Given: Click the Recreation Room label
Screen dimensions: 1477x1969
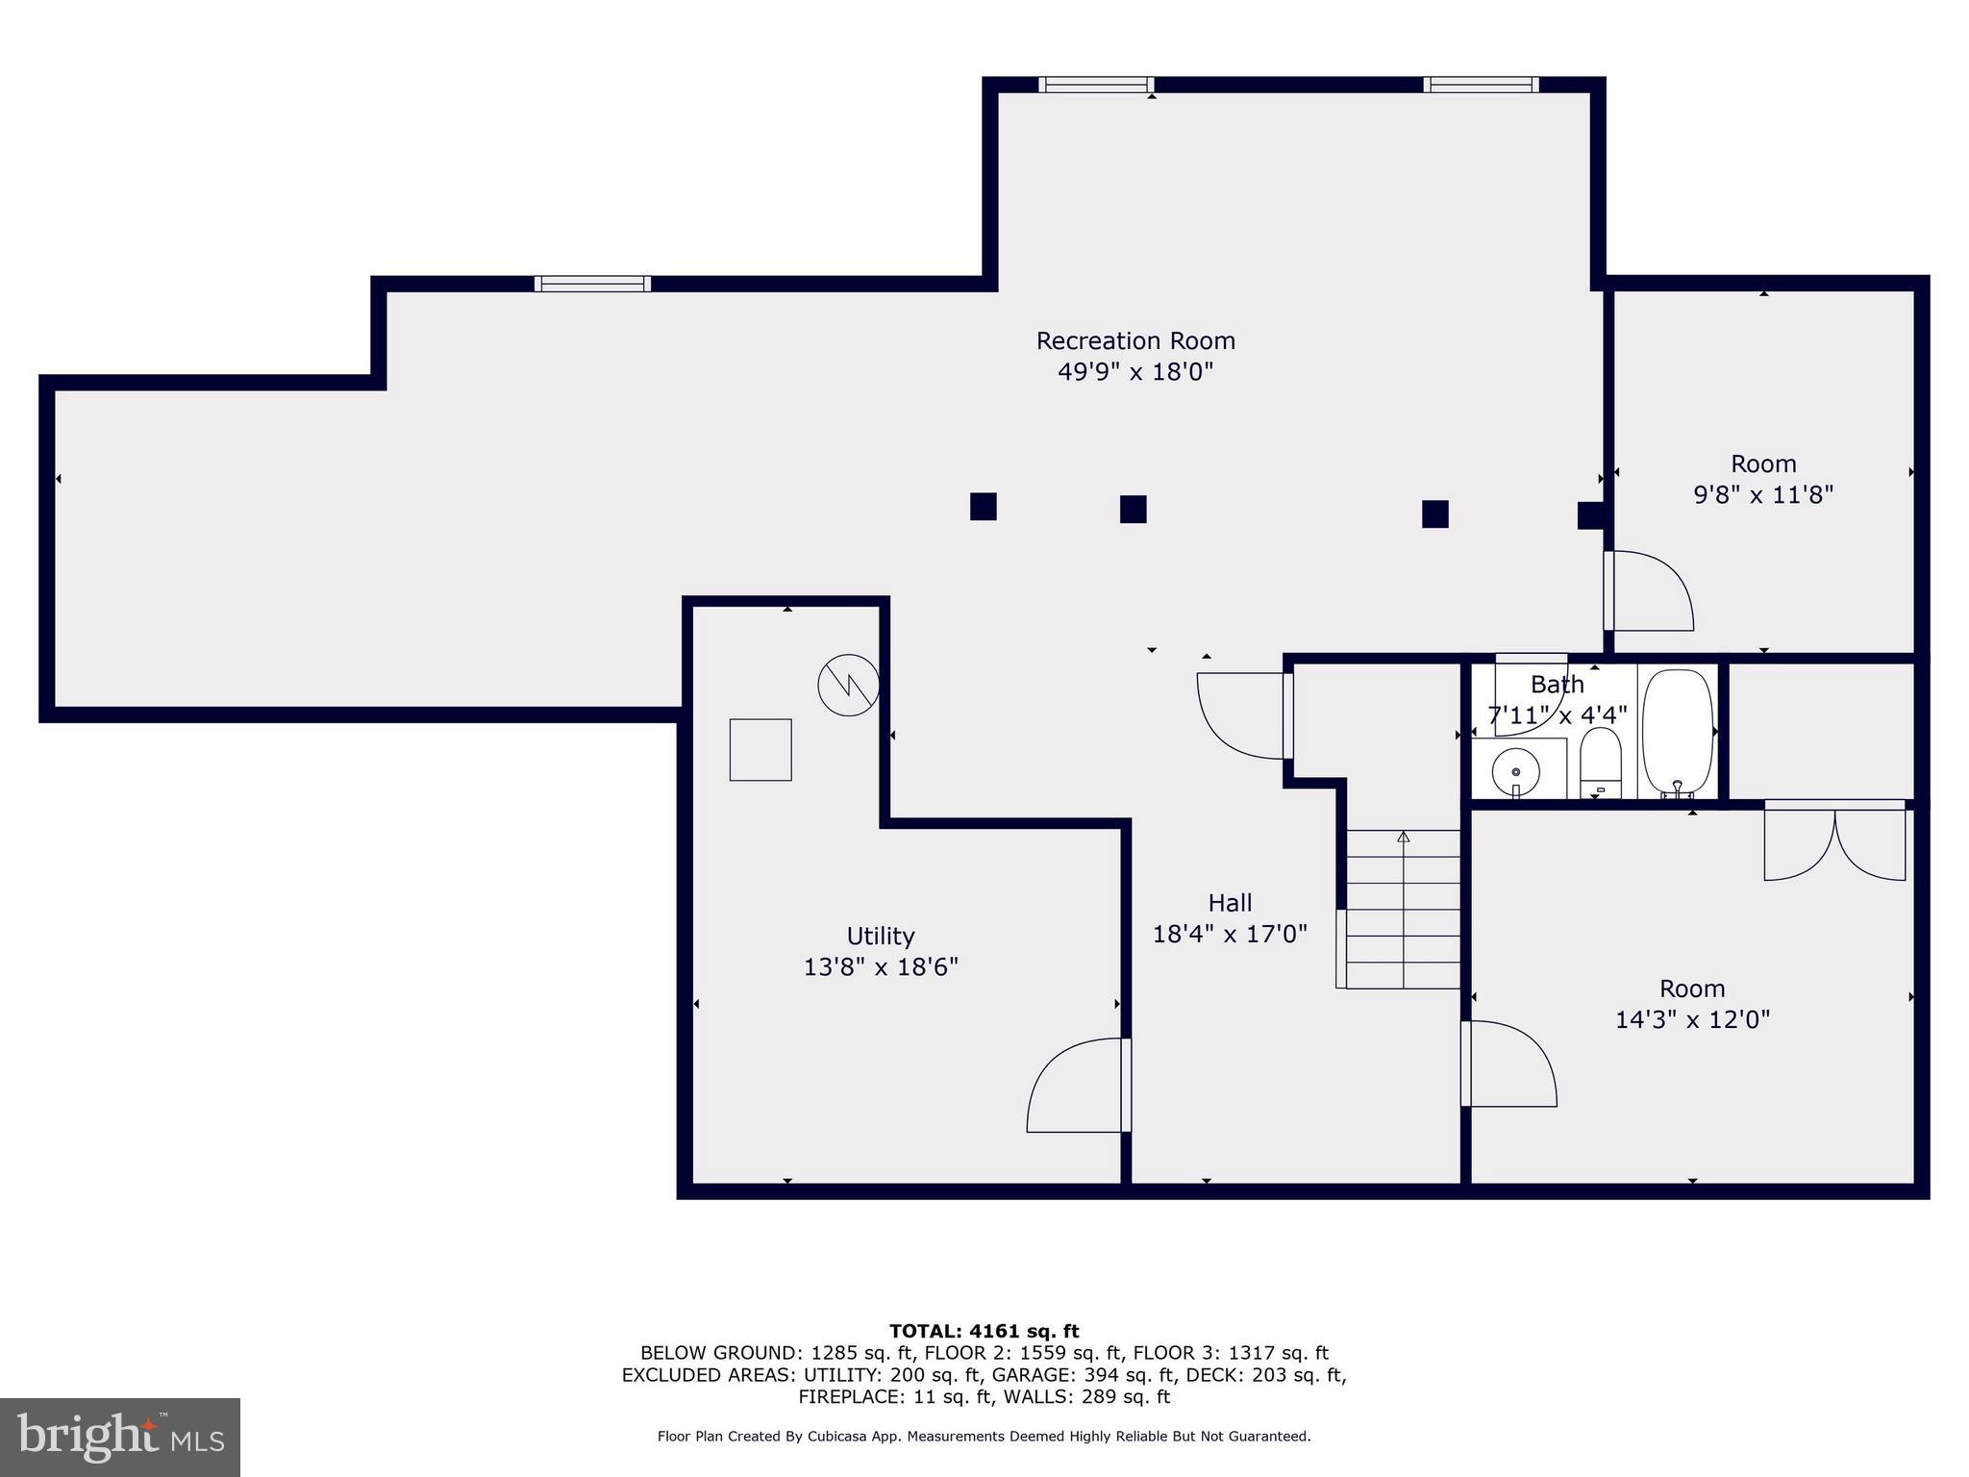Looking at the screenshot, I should pyautogui.click(x=1135, y=341).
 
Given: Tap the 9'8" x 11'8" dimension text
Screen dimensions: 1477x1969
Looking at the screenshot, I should pyautogui.click(x=1762, y=495).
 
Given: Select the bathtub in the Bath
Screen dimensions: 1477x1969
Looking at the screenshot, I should pyautogui.click(x=1677, y=733).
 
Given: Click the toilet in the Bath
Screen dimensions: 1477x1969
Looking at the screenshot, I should pyautogui.click(x=1600, y=762).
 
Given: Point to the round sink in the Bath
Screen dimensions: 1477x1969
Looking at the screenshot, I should pyautogui.click(x=1516, y=771).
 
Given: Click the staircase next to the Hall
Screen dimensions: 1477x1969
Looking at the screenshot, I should pyautogui.click(x=1403, y=909).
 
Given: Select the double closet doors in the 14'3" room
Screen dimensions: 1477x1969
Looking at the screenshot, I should pyautogui.click(x=1834, y=843).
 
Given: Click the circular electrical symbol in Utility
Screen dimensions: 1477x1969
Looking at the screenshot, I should pyautogui.click(x=848, y=685).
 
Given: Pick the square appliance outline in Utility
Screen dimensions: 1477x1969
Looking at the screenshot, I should pyautogui.click(x=760, y=750).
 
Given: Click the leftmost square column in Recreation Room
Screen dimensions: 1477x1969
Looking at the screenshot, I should pyautogui.click(x=983, y=507).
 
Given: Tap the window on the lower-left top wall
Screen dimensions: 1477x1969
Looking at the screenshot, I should pyautogui.click(x=592, y=284).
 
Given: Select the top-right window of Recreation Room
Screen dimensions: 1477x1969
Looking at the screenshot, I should pyautogui.click(x=1481, y=85).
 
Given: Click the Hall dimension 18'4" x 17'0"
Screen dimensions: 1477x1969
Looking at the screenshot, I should pyautogui.click(x=1230, y=934).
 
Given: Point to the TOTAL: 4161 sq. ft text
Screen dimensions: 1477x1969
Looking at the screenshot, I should pyautogui.click(x=984, y=1332).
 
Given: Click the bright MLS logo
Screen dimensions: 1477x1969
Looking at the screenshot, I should pyautogui.click(x=120, y=1437).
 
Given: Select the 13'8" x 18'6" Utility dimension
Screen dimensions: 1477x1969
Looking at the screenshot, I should pyautogui.click(x=881, y=967).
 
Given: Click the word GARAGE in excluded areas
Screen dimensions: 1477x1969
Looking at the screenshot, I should pyautogui.click(x=1027, y=1375).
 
